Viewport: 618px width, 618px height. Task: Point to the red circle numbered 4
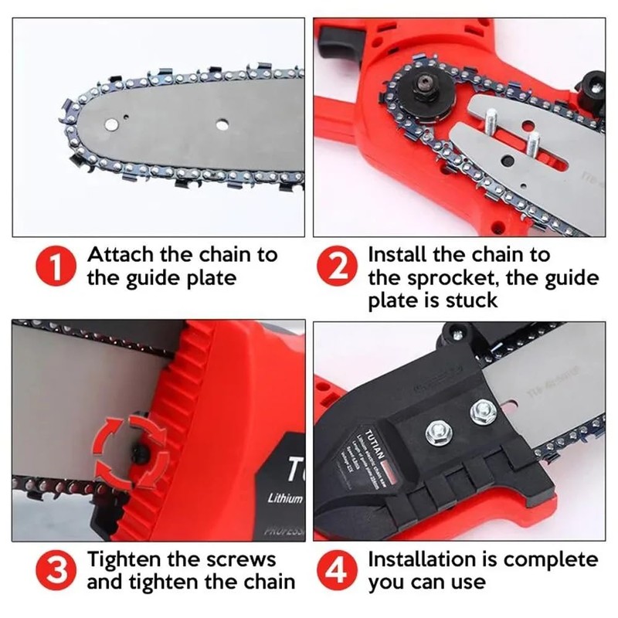click(338, 570)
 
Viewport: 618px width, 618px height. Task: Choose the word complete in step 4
click(545, 559)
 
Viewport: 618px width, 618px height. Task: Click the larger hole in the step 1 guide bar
click(222, 122)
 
